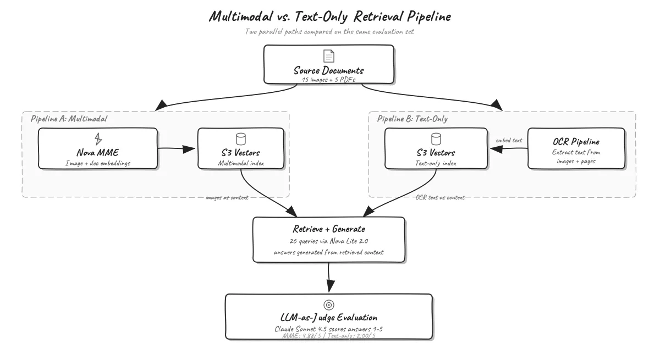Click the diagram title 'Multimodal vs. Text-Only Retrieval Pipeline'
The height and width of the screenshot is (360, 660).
point(329,16)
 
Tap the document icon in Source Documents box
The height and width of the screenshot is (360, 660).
point(329,56)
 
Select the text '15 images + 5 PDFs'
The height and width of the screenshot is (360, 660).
point(328,80)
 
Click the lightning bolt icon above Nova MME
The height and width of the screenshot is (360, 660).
point(98,139)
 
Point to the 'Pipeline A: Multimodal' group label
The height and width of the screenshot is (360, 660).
point(69,119)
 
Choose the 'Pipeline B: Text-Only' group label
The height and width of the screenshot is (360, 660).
point(412,119)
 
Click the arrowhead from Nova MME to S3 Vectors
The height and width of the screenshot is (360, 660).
point(189,149)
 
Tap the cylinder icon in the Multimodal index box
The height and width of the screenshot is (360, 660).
point(241,139)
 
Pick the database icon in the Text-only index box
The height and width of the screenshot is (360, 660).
point(436,139)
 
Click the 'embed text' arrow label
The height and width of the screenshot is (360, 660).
point(509,140)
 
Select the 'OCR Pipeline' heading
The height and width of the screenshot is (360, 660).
point(576,142)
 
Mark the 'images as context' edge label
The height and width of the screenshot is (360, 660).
point(227,197)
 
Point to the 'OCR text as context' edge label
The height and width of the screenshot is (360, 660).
point(440,197)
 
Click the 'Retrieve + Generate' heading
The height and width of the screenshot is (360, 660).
point(329,229)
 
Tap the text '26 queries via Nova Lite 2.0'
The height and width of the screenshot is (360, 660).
point(329,241)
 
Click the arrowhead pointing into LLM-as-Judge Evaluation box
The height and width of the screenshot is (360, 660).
point(331,286)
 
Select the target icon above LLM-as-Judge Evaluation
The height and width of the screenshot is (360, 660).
point(329,305)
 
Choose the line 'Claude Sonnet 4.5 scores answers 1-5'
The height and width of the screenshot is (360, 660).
point(328,329)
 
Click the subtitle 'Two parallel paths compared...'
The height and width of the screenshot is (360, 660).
point(329,31)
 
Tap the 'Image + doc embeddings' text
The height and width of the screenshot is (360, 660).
point(98,163)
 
